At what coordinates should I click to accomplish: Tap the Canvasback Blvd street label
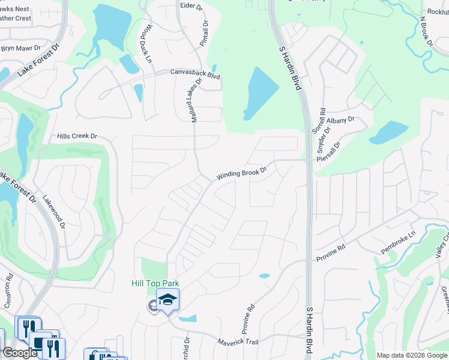coord(195,74)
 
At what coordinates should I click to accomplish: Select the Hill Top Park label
coord(155,283)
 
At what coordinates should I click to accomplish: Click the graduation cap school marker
coord(168,299)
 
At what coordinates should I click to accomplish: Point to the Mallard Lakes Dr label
coord(196,102)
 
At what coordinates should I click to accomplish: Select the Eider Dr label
coord(192,5)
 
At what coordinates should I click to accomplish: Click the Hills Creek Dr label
coord(77,136)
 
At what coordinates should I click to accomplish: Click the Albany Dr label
coord(341,121)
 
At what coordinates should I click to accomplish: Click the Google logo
coord(20,353)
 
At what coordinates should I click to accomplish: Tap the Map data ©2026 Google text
coord(412,355)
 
